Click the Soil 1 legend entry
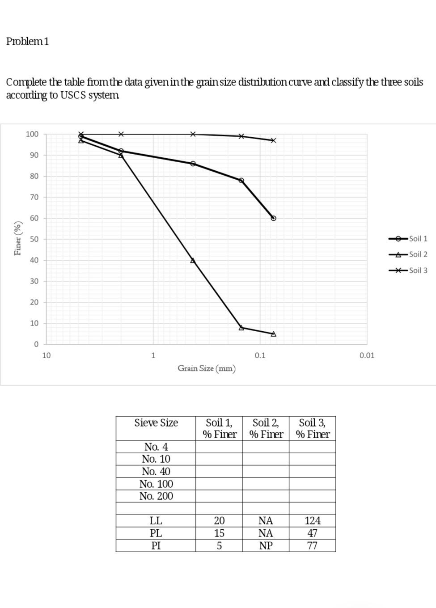pos(418,239)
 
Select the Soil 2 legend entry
pos(418,254)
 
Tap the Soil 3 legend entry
pos(418,270)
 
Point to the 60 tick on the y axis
pos(34,218)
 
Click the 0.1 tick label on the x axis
pos(260,355)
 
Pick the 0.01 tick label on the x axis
pos(367,355)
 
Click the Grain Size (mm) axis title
pos(207,368)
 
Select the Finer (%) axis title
pos(18,238)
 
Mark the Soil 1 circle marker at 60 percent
pos(274,218)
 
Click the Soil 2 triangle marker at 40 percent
pos(193,260)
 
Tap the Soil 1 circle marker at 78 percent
pos(241,181)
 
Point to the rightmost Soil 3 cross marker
pos(274,140)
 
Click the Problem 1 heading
pos(28,41)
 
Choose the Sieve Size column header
pos(156,423)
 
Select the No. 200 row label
pos(156,496)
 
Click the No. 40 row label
pos(156,472)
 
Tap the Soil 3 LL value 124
pos(312,521)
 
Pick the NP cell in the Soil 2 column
pos(266,546)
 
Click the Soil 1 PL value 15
pos(219,533)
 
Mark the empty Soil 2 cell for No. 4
pos(266,447)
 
